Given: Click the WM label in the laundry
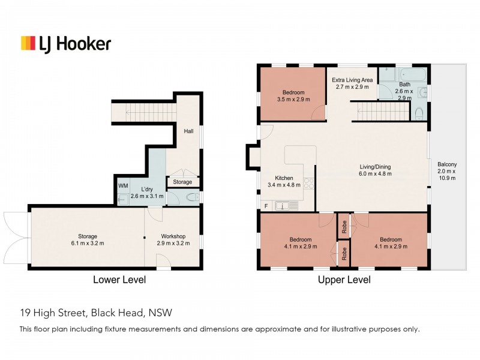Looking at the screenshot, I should click(x=123, y=186).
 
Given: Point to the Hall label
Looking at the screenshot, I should click(x=188, y=130).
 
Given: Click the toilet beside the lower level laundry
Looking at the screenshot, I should click(x=191, y=197).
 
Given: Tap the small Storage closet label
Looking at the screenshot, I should click(x=182, y=182).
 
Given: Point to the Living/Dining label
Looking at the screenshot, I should click(x=375, y=170).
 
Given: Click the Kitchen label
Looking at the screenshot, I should click(x=284, y=182).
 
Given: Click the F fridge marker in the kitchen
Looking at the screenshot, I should click(x=266, y=206).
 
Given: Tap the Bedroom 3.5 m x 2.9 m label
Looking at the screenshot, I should click(x=293, y=96).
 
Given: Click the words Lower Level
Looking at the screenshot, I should click(x=119, y=280).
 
